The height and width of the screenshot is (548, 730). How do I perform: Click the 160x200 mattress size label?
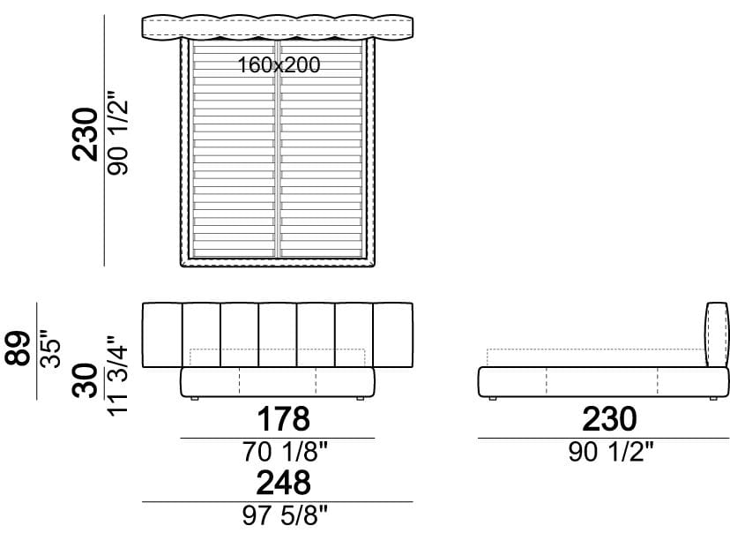coord(279,64)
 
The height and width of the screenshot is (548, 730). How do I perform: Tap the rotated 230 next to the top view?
coord(86,135)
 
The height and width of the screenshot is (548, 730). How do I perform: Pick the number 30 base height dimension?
coord(86,380)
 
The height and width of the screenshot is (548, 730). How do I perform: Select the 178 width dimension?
coord(284,419)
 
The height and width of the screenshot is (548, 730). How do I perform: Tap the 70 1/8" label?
coord(285,452)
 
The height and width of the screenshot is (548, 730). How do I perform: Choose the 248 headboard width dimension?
coord(284,483)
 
